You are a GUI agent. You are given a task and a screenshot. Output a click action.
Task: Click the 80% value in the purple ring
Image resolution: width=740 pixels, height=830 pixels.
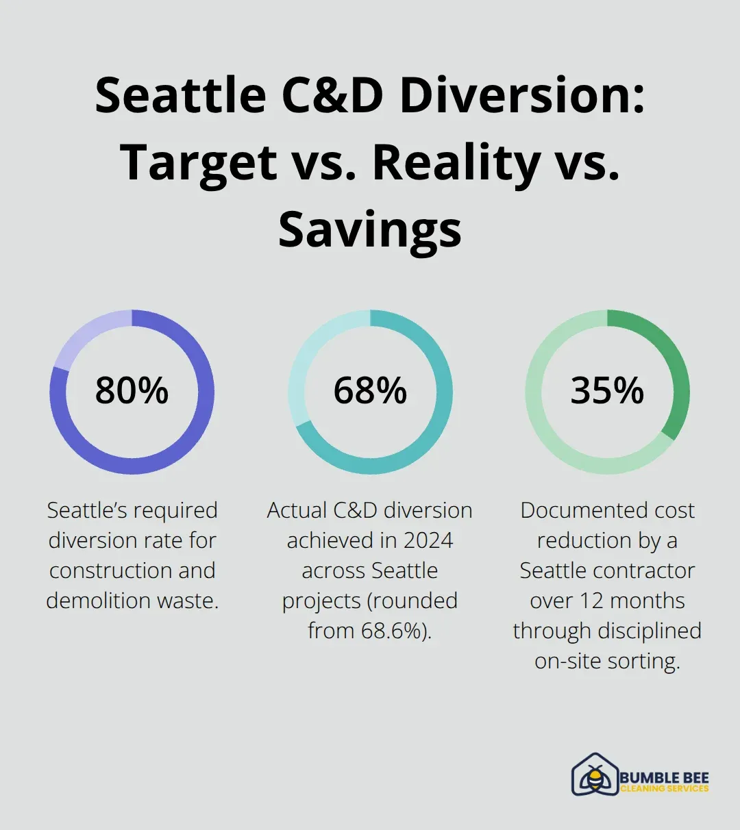(x=132, y=390)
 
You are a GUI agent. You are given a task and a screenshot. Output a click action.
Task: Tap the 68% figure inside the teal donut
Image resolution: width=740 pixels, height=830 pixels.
(x=370, y=390)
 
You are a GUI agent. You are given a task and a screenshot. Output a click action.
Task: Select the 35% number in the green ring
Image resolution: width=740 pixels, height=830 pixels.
(x=607, y=390)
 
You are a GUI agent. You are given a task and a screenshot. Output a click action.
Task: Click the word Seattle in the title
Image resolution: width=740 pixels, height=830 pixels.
(x=180, y=95)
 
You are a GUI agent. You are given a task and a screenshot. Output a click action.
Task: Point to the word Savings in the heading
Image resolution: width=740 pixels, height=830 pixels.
(x=370, y=229)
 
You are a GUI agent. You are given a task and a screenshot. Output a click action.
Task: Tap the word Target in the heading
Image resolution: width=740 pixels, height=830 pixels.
(x=199, y=162)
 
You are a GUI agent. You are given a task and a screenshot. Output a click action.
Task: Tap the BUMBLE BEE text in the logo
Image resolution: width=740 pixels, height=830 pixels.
(x=664, y=777)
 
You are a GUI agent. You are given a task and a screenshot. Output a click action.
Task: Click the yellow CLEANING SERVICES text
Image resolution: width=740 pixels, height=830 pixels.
(x=664, y=789)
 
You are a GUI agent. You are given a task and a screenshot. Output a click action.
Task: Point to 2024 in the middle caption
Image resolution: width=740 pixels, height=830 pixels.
(x=428, y=540)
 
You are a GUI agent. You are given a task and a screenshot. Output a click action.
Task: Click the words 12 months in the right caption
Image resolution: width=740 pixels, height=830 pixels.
(x=631, y=601)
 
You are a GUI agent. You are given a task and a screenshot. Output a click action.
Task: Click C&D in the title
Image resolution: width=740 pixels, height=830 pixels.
(x=333, y=95)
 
